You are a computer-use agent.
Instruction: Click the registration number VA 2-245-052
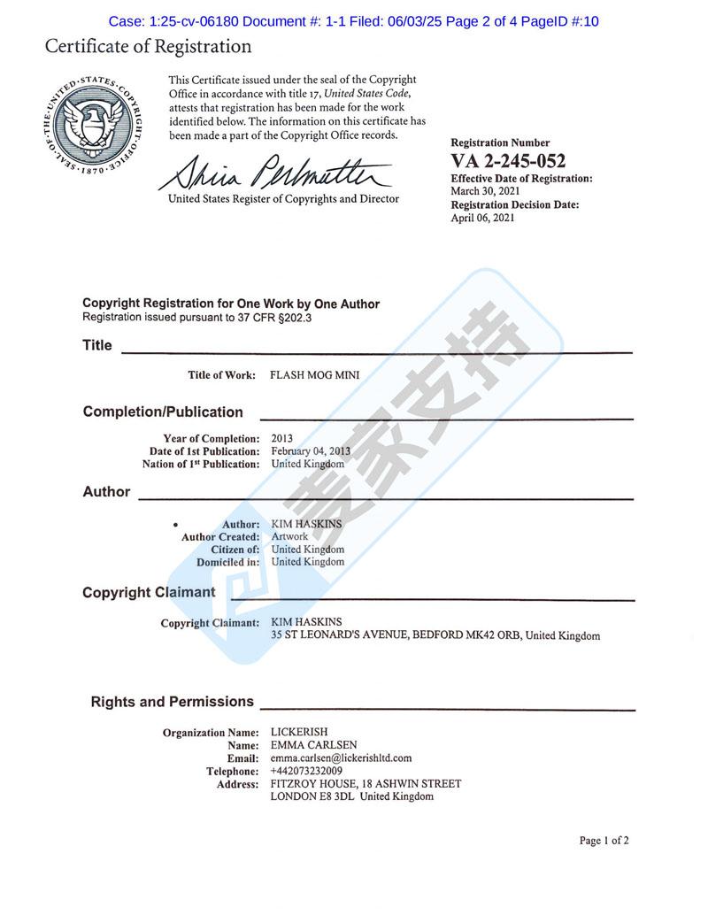[x=508, y=161]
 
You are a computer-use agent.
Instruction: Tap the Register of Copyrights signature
[x=274, y=171]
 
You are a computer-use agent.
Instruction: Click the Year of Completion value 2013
[x=281, y=438]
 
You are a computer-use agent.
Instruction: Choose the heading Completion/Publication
[x=163, y=412]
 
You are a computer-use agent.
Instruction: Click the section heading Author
[x=106, y=492]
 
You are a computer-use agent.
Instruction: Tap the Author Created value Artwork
[x=289, y=536]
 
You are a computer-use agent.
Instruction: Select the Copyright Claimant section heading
[x=149, y=592]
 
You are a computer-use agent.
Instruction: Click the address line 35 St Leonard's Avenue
[x=435, y=635]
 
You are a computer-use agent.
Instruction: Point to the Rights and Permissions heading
[x=172, y=702]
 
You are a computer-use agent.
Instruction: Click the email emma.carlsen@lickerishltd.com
[x=341, y=758]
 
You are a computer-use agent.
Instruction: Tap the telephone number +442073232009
[x=306, y=771]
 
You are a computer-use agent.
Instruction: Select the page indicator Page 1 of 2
[x=604, y=841]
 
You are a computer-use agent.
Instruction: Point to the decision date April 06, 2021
[x=482, y=218]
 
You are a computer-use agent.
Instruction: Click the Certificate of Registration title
[x=149, y=47]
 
